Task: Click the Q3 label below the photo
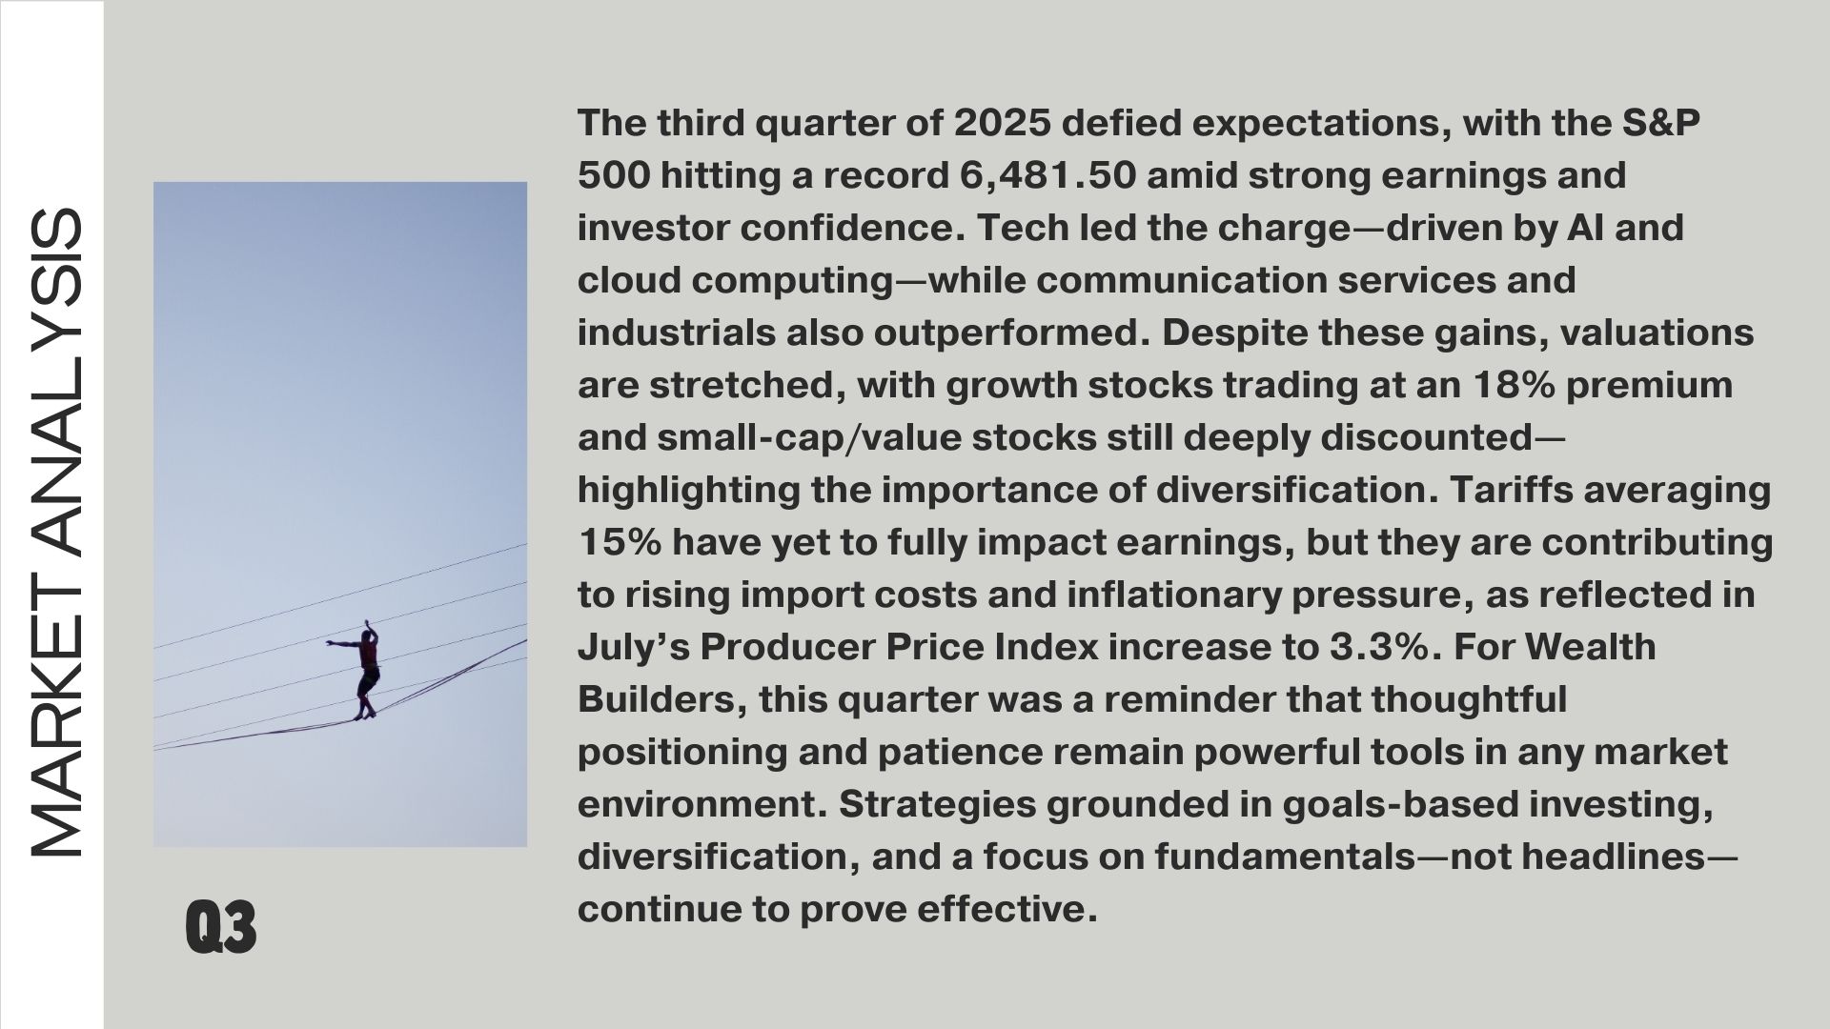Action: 221,926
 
